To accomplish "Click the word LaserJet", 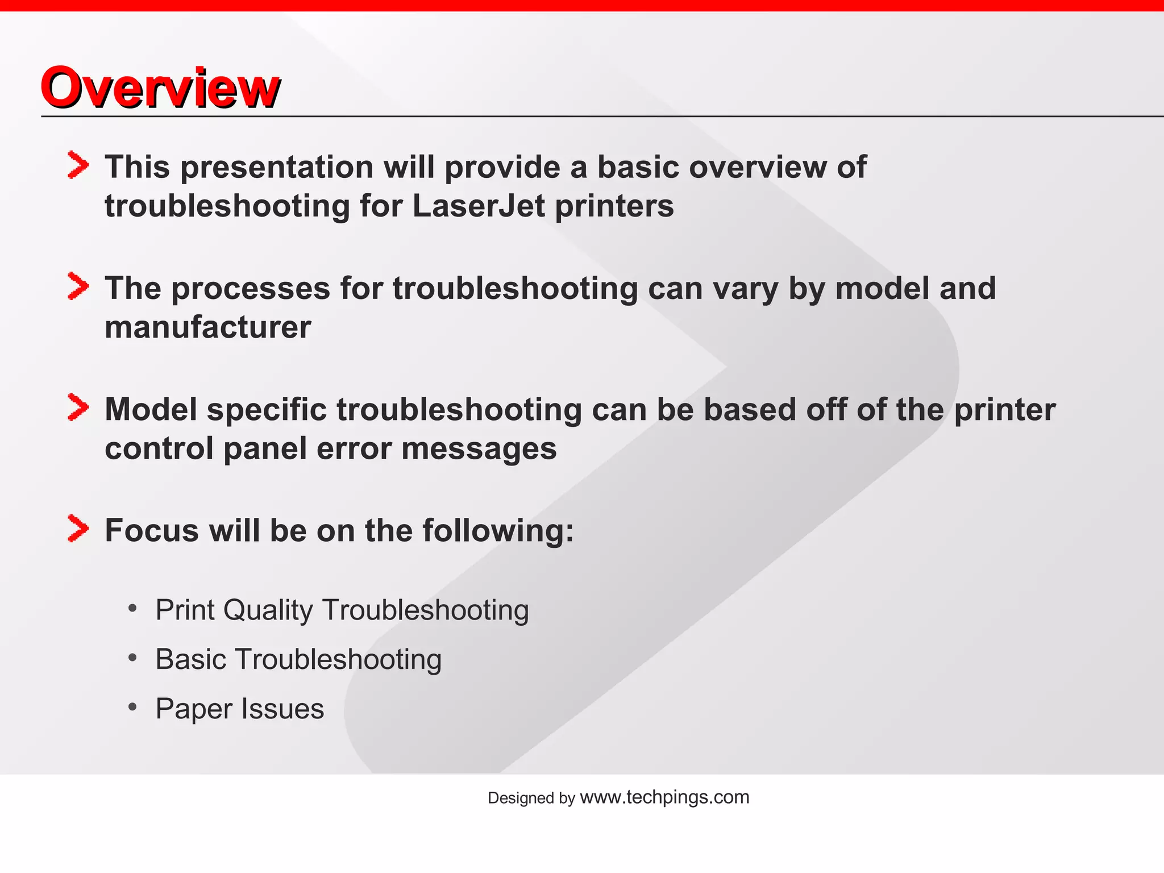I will click(x=479, y=206).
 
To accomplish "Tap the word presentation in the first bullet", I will click(x=277, y=167).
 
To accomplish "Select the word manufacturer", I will click(x=208, y=327).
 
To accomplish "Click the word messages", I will click(x=479, y=449).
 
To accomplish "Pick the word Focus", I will click(x=152, y=531).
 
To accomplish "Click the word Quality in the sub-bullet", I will click(x=268, y=610).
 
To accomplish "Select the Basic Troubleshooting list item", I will click(x=298, y=660).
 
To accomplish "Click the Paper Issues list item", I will click(x=239, y=709).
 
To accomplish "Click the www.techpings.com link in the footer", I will click(x=664, y=797).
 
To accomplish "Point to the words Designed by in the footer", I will click(x=531, y=798).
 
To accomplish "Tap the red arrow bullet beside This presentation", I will click(x=78, y=165).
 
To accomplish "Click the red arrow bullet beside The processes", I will click(x=78, y=286).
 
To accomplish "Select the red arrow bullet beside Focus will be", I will click(x=78, y=528).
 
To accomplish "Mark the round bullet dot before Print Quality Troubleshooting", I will click(x=133, y=609).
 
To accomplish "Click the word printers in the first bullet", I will click(x=614, y=206).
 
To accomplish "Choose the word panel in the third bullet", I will click(x=265, y=449).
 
